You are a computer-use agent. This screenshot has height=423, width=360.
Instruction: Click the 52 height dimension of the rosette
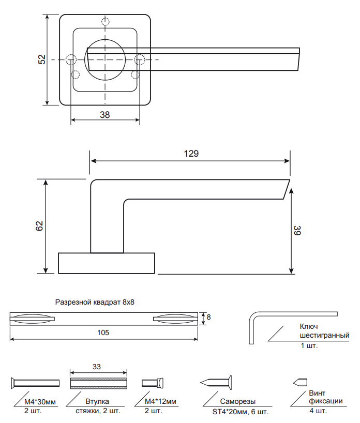pos(42,59)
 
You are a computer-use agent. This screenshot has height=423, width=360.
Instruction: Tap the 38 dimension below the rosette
pos(105,115)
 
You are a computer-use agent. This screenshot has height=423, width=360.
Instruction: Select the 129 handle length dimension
pos(191,154)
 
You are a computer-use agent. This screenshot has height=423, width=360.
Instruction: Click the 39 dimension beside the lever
pos(297,231)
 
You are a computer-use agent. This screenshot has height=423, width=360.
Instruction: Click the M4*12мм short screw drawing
pos(153,383)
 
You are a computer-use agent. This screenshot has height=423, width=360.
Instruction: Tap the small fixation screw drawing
pos(300,383)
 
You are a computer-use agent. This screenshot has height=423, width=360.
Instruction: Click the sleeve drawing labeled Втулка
pos(98,383)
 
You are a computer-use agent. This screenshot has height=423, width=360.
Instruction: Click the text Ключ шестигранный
pos(317,331)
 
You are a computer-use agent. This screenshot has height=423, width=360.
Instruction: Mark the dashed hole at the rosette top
pos(106,21)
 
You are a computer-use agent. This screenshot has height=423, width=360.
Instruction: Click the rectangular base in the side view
pos(107,263)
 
